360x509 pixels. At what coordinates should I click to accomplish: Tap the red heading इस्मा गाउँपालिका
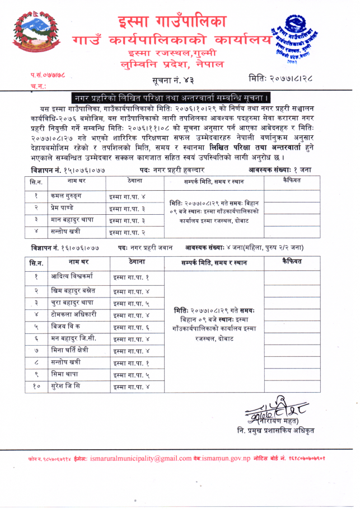[x=172, y=22]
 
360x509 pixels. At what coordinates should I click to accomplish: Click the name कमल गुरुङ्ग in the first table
[x=67, y=196]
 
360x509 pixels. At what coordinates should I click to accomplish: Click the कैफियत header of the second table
[x=292, y=262]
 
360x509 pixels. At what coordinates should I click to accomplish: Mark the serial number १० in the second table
[x=36, y=386]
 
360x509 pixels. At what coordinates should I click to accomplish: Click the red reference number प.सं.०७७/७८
[x=48, y=76]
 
